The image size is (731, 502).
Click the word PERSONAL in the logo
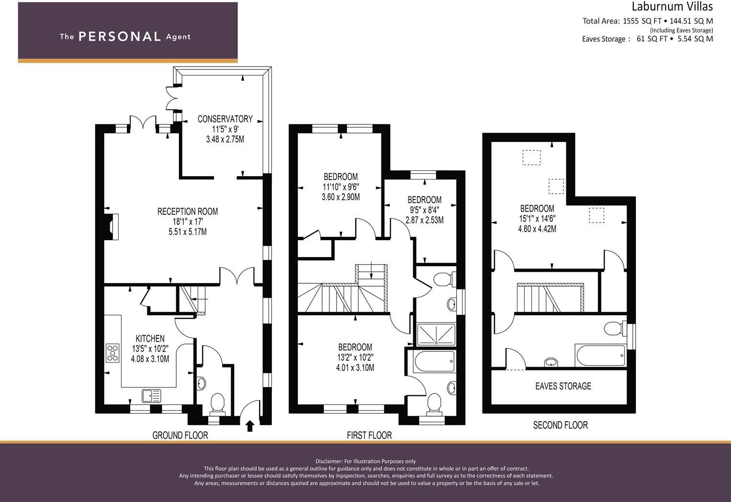(x=119, y=37)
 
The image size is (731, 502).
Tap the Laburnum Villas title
(x=672, y=7)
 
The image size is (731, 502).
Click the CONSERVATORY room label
(x=225, y=119)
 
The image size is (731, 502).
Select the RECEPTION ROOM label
(x=188, y=212)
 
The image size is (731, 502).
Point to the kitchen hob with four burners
(x=112, y=353)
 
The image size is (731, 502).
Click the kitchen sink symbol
(x=152, y=396)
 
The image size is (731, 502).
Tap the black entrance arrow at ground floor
(x=250, y=425)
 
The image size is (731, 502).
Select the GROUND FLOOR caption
(x=180, y=435)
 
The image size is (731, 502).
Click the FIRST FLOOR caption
(x=369, y=435)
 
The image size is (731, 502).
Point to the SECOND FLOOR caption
(x=560, y=425)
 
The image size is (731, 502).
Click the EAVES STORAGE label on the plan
(x=563, y=386)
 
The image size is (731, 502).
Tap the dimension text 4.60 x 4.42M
(x=537, y=229)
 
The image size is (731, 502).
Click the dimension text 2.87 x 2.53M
(x=424, y=220)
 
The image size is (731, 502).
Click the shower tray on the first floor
(x=436, y=334)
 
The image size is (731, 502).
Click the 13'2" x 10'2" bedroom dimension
(x=355, y=357)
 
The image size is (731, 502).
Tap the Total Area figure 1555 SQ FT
(x=642, y=21)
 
